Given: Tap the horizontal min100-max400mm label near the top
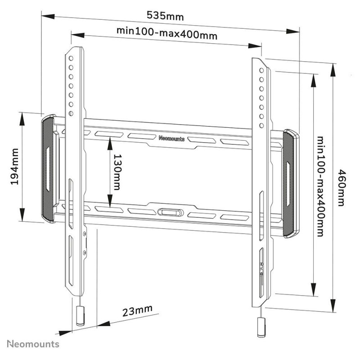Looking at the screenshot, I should click(x=167, y=33).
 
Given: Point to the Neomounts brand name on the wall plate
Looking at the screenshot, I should click(x=171, y=139).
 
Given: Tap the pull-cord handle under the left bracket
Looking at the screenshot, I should click(x=80, y=316).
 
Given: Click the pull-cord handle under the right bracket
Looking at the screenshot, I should click(x=261, y=327).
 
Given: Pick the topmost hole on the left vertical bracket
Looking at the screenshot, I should click(x=71, y=58).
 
